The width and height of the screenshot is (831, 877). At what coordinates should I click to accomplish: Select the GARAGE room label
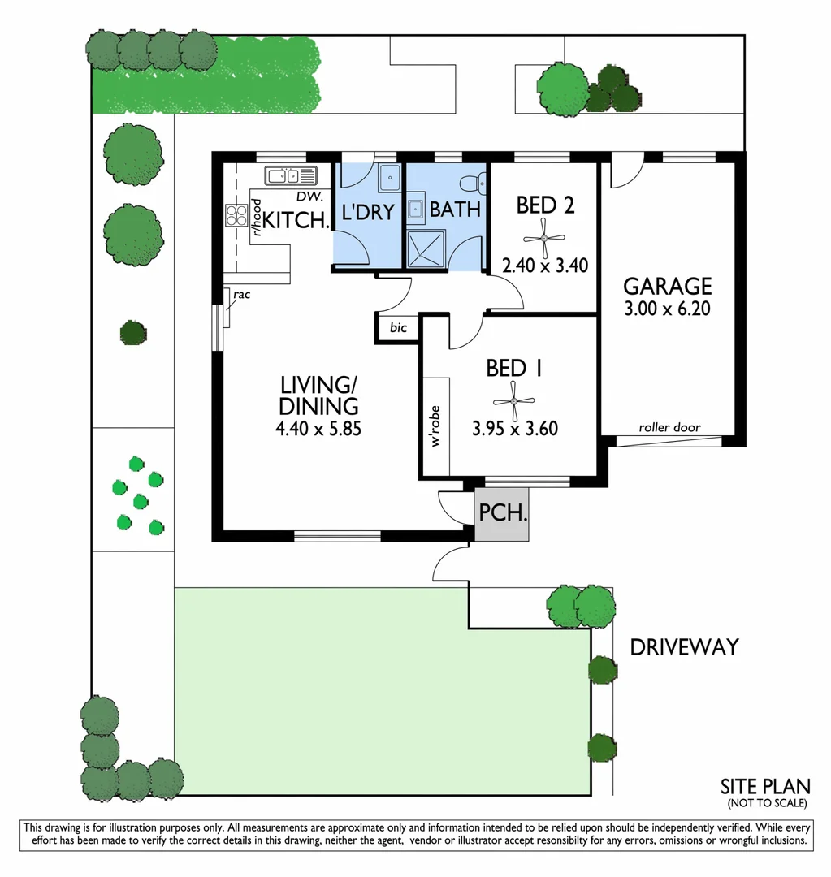[x=668, y=286]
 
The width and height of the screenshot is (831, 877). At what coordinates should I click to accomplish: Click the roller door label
[x=669, y=427]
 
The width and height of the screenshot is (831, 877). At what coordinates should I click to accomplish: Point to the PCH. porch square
[x=502, y=514]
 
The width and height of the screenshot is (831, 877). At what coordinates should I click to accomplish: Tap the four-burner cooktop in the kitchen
[x=236, y=215]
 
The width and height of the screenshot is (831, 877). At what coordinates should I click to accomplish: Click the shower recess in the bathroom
[x=426, y=248]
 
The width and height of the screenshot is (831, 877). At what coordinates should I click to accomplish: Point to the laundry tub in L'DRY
[x=389, y=176]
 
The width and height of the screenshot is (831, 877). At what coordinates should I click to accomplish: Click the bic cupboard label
[x=398, y=328]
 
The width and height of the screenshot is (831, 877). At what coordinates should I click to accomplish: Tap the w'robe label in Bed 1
[x=435, y=428]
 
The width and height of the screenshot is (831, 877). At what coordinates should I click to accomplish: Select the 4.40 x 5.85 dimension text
[x=318, y=428]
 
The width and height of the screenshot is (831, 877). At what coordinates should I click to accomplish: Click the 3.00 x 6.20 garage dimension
[x=668, y=309]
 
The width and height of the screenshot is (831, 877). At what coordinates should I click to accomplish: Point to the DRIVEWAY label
[x=684, y=647]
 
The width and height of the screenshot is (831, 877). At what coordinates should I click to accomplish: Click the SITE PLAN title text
[x=765, y=786]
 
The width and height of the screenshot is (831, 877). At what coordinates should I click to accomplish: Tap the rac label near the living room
[x=240, y=295]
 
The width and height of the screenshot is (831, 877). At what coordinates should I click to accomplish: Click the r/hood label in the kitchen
[x=256, y=217]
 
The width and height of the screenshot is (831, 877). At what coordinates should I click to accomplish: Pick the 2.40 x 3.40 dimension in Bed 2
[x=544, y=265]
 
